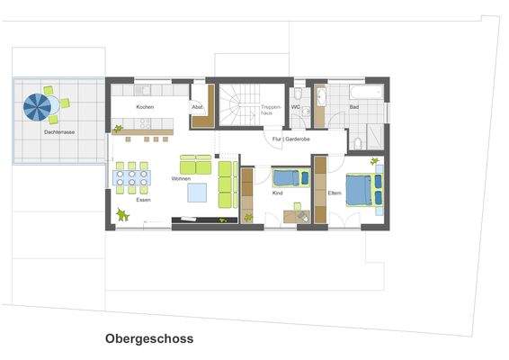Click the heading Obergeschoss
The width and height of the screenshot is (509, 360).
click(148, 340)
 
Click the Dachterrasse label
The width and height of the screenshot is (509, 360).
click(58, 132)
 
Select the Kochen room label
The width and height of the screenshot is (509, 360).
click(145, 107)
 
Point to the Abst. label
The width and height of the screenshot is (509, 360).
click(198, 107)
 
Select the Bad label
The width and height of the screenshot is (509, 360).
click(354, 107)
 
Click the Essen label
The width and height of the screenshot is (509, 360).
click(143, 200)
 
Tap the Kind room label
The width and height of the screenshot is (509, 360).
click(277, 193)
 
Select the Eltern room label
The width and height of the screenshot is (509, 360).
click(334, 193)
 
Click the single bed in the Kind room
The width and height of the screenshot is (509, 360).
click(290, 176)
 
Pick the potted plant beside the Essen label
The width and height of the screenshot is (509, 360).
click(122, 214)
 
